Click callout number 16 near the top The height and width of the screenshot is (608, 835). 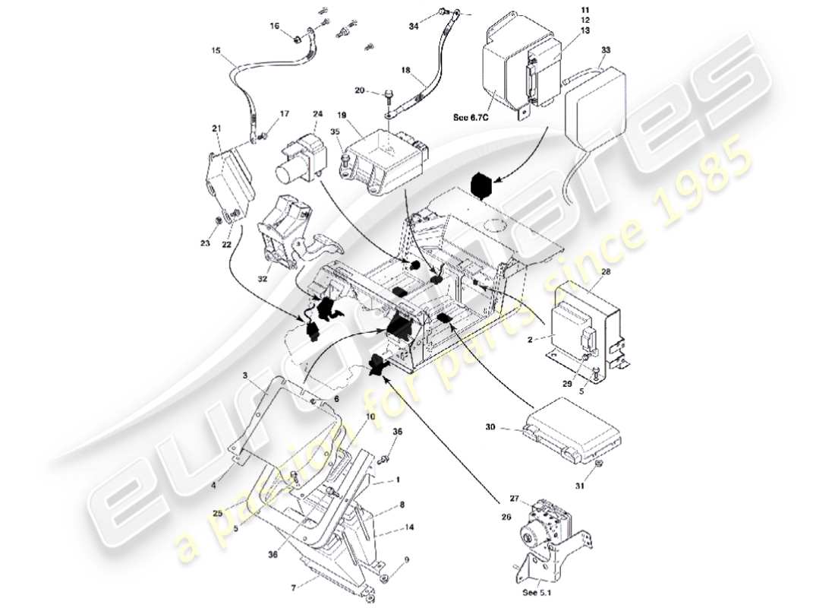(275, 26)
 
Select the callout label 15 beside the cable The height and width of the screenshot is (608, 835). (216, 51)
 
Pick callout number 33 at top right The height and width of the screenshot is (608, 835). (605, 50)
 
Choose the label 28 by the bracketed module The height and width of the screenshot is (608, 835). (606, 272)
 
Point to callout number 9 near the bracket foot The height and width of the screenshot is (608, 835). (406, 561)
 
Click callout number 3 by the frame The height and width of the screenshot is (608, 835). (246, 375)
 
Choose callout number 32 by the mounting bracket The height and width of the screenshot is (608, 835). (263, 279)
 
